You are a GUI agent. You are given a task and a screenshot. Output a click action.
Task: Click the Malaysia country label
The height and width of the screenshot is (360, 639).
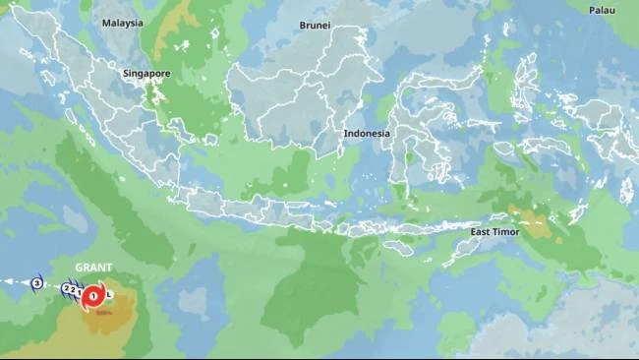click(x=122, y=23)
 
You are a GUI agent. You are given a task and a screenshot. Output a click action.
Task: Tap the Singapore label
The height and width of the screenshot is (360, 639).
click(x=146, y=74)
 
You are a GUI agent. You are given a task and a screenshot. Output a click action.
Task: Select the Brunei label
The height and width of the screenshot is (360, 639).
click(x=315, y=26)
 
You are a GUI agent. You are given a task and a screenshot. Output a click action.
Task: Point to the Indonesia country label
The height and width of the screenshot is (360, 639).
click(x=367, y=134)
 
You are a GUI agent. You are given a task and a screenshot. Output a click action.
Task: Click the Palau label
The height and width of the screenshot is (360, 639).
click(x=602, y=10)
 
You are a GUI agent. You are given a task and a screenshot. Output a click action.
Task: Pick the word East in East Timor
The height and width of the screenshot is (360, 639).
click(x=481, y=232)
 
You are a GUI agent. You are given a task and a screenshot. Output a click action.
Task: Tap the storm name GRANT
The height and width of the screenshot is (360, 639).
click(x=94, y=268)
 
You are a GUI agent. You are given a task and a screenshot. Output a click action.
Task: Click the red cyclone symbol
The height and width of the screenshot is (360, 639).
click(x=93, y=294)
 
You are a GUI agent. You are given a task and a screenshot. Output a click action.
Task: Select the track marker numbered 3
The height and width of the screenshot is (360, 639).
click(x=36, y=283)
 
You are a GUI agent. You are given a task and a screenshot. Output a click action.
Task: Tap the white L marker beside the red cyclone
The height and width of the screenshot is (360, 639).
click(x=109, y=294)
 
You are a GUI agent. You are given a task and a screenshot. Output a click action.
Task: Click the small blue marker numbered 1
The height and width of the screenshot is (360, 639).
click(x=78, y=291)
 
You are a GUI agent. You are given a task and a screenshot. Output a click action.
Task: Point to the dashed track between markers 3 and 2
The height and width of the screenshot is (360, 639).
click(x=51, y=286)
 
